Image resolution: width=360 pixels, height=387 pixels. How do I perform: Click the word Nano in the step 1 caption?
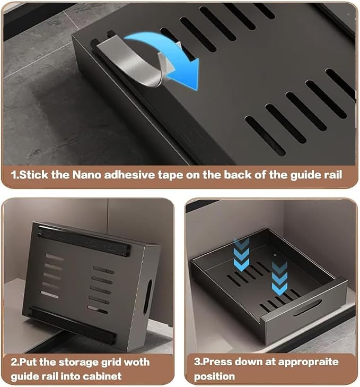coord(87,175)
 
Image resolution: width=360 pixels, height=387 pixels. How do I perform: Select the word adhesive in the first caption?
coord(130,175)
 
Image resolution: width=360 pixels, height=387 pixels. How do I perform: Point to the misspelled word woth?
coord(137,362)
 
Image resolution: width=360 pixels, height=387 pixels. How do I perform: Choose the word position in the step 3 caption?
coord(214,376)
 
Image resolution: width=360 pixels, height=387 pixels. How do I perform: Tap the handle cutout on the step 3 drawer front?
coord(308,307)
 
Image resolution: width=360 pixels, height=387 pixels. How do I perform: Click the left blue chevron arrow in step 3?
coord(241,255)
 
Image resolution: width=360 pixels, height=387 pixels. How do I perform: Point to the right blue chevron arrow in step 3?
coord(279,278)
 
